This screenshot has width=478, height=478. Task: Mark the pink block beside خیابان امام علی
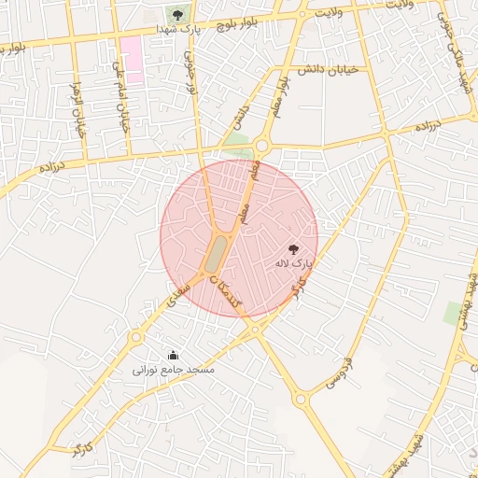132,60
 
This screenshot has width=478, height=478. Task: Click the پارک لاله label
292,264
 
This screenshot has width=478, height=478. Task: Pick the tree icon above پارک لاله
293,249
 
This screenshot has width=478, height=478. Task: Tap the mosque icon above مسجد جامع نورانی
173,355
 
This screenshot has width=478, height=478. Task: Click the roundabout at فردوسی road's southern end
301,400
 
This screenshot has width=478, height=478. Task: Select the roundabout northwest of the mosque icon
137,336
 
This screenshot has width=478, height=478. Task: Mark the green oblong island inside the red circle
217,252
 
